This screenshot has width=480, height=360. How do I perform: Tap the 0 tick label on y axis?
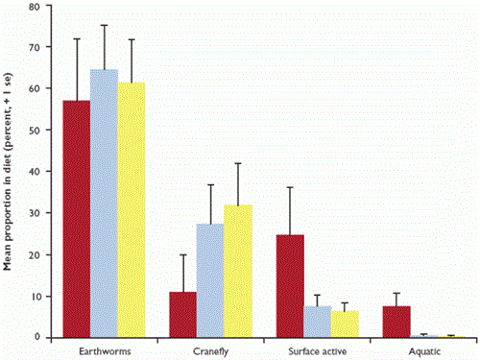click(x=37, y=337)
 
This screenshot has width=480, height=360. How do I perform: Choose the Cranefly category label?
click(x=209, y=349)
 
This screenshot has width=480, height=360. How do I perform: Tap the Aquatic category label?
click(x=422, y=349)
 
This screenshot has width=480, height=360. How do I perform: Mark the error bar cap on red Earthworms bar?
click(x=77, y=38)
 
